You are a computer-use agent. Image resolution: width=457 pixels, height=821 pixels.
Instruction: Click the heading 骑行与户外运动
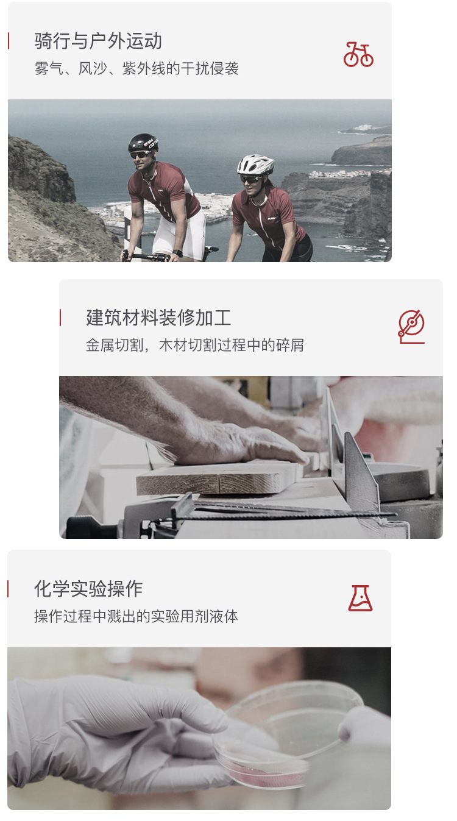point(98,41)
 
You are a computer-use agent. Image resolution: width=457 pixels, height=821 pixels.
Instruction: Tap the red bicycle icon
point(358,54)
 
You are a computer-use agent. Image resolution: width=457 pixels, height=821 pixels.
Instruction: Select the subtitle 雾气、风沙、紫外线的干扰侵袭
point(136,68)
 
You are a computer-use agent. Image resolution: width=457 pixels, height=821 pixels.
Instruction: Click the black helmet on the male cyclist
point(143,143)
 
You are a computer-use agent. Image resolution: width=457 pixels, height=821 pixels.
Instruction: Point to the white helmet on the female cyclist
point(255,164)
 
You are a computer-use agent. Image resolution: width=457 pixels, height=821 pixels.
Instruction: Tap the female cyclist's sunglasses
point(250,179)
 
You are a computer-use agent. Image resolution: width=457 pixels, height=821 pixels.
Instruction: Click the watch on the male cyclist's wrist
point(177,254)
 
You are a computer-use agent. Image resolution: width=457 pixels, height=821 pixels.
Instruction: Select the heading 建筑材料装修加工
point(158,318)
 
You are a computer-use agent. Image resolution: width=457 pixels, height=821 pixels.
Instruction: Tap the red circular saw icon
point(411,327)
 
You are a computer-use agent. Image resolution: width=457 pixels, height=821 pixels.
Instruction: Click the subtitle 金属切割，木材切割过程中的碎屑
point(195,345)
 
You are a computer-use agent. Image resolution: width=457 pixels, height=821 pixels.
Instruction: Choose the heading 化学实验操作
point(88,589)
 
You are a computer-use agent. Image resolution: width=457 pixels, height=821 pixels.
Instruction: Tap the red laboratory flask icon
point(360,598)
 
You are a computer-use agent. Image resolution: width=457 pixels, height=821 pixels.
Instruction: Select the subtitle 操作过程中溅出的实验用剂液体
point(136,616)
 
